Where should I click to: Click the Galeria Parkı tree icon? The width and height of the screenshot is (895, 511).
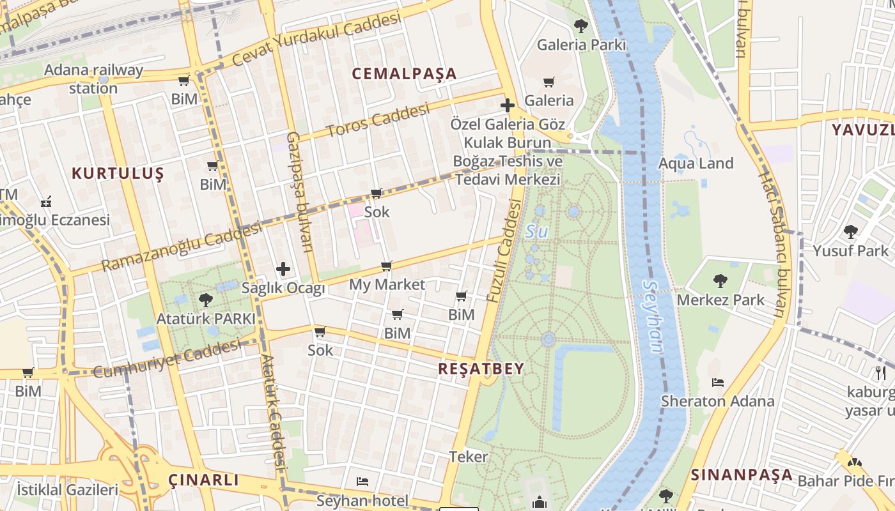point(580,26)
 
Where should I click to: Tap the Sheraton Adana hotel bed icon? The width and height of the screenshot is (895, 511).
point(718,383)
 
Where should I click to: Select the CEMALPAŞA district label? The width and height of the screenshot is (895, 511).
point(405,73)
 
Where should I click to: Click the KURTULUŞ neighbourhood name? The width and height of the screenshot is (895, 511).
point(118,173)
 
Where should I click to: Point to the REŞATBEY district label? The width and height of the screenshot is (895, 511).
point(481,369)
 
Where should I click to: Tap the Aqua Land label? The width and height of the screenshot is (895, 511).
point(696,164)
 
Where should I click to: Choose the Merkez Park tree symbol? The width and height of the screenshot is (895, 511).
point(720,280)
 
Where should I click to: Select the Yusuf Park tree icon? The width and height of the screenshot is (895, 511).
point(850,231)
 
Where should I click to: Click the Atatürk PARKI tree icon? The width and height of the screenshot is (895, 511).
point(205,300)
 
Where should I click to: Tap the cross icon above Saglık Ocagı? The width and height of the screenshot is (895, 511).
point(283,270)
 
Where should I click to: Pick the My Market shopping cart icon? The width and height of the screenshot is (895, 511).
point(386,266)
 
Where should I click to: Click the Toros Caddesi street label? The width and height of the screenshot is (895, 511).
point(377,120)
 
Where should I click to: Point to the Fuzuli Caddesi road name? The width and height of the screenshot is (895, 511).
point(504,250)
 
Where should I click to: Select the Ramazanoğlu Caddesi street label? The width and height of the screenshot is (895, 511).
point(182,245)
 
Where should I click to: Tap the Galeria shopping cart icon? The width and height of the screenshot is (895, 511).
point(549,82)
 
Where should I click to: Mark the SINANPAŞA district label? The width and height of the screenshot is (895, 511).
point(742,475)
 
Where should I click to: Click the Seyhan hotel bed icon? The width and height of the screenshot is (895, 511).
point(362,481)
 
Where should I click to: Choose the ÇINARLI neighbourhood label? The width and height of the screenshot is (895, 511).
point(203,480)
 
